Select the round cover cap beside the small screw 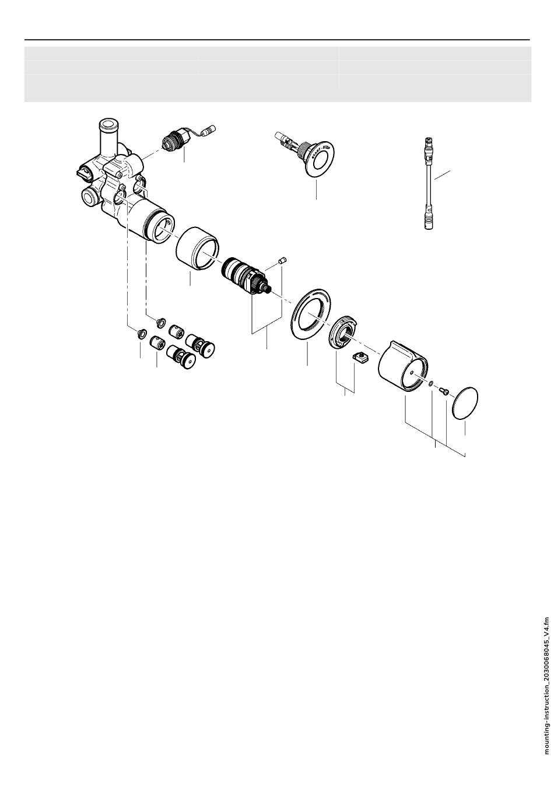tap(465, 402)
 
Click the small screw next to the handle tap(444, 391)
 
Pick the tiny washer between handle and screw tap(430, 384)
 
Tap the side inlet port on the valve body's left tap(89, 197)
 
